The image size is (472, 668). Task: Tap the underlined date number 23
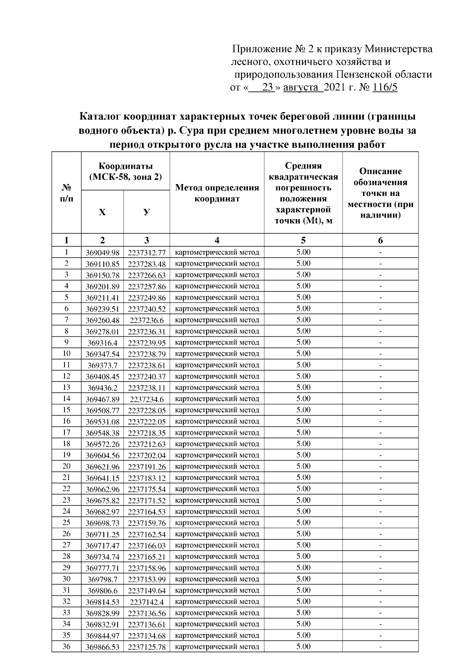tap(268, 87)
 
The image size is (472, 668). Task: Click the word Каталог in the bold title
tap(100, 117)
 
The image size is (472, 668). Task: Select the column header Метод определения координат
tap(217, 193)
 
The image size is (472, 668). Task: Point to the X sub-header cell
tap(102, 212)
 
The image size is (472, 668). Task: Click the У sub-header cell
tap(147, 212)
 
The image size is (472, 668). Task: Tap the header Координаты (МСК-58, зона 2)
tap(125, 172)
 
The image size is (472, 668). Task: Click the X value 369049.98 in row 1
tap(102, 253)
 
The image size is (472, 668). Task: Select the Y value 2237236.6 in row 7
tap(147, 320)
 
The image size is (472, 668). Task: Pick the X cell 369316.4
tap(102, 343)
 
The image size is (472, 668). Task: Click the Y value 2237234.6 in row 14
tap(147, 399)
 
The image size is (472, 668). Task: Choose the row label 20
tap(66, 466)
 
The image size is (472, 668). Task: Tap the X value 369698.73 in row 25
tap(102, 523)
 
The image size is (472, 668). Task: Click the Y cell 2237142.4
tap(147, 602)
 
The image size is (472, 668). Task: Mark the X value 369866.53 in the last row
tap(102, 647)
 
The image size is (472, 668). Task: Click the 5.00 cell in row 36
tap(303, 646)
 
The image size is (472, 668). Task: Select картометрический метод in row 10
tap(217, 354)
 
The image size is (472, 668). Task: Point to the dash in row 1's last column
tap(380, 253)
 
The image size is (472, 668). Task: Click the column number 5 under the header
tap(303, 240)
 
